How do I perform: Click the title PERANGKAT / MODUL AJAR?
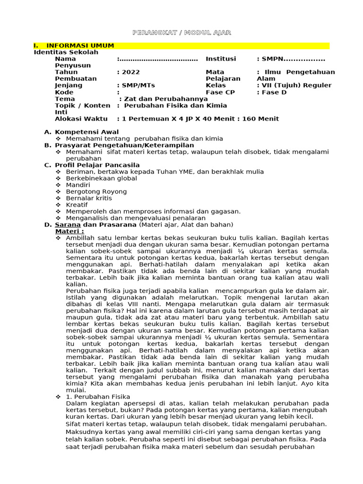181,32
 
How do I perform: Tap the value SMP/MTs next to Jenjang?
138,85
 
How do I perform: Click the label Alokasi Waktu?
81,119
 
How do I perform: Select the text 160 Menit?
260,119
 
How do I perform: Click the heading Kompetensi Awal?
86,132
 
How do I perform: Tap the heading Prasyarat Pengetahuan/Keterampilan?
124,145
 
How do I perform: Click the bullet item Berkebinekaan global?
102,178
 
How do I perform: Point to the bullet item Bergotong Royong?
96,191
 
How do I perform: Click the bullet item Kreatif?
77,205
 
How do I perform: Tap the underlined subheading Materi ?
69,231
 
